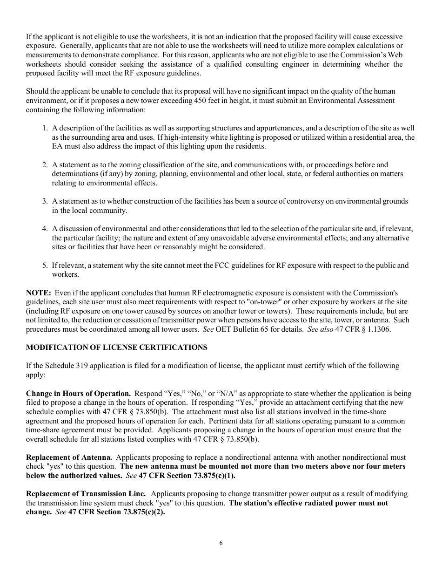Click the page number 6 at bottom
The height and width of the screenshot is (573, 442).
click(x=221, y=543)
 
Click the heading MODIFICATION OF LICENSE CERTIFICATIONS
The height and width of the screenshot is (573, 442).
click(x=116, y=348)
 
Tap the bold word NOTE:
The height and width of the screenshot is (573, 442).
click(x=38, y=293)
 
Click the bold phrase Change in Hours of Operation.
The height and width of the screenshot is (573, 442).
click(x=78, y=394)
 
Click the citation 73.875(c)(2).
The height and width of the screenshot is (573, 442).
click(x=144, y=512)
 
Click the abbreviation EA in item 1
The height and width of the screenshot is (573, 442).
click(x=57, y=146)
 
